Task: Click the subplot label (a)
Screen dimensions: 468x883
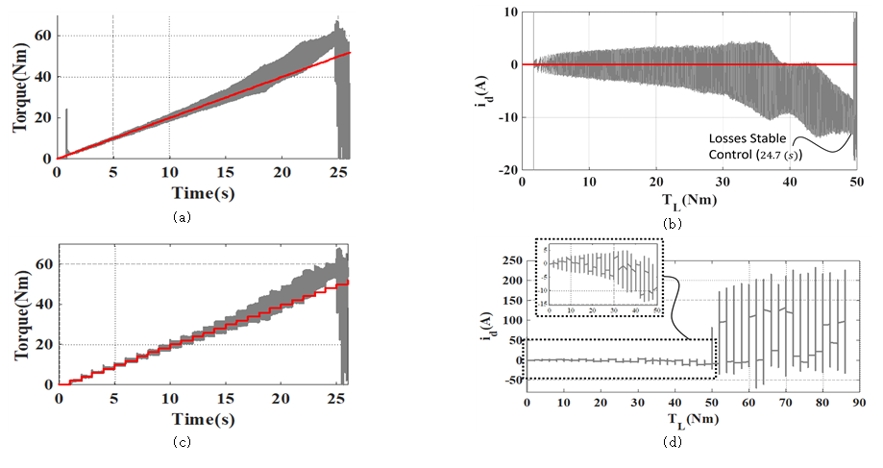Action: coord(182,218)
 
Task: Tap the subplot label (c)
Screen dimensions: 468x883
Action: coord(182,443)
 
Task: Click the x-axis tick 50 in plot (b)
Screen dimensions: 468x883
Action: coord(854,183)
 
